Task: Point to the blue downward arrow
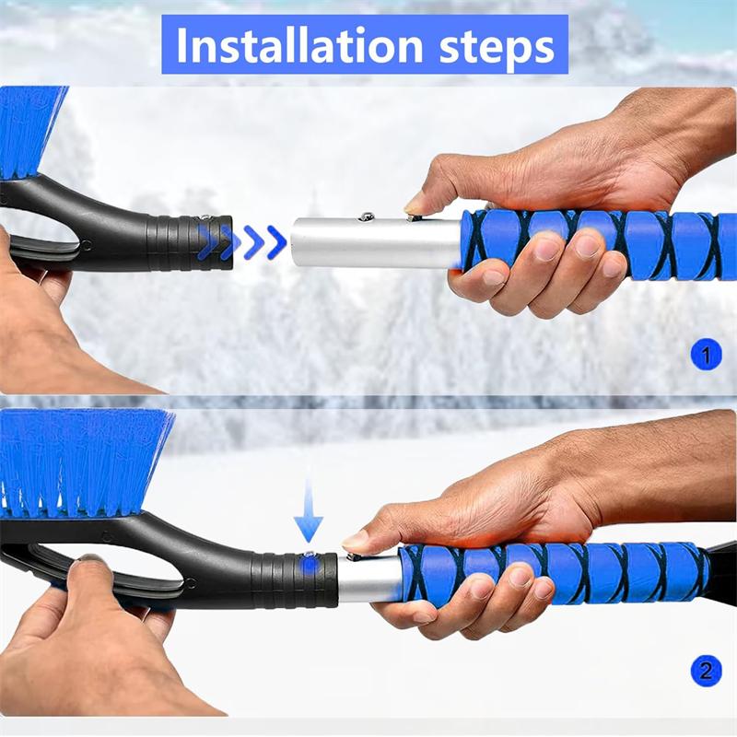pyautogui.click(x=309, y=512)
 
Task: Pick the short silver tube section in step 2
pyautogui.click(x=368, y=578)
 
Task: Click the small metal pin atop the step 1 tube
pyautogui.click(x=368, y=216)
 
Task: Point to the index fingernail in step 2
pyautogui.click(x=356, y=542)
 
